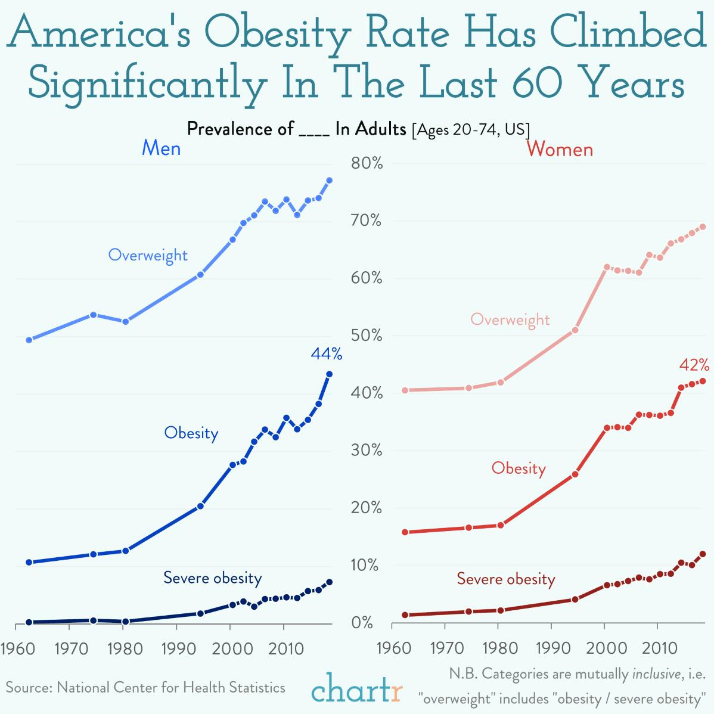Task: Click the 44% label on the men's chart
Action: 326,355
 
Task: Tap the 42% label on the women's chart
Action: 694,365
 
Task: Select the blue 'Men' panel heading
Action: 161,148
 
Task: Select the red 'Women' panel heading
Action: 560,149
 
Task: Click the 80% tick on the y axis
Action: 366,163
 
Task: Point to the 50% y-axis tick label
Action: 366,336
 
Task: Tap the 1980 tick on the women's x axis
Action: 500,648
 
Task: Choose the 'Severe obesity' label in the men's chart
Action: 212,578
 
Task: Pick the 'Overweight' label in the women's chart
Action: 510,319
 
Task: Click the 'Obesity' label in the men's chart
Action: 191,433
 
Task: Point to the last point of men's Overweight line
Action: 329,180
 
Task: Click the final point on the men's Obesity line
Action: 329,374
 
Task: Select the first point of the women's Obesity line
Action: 405,532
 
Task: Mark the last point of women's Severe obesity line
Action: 703,554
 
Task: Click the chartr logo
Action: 356,690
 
